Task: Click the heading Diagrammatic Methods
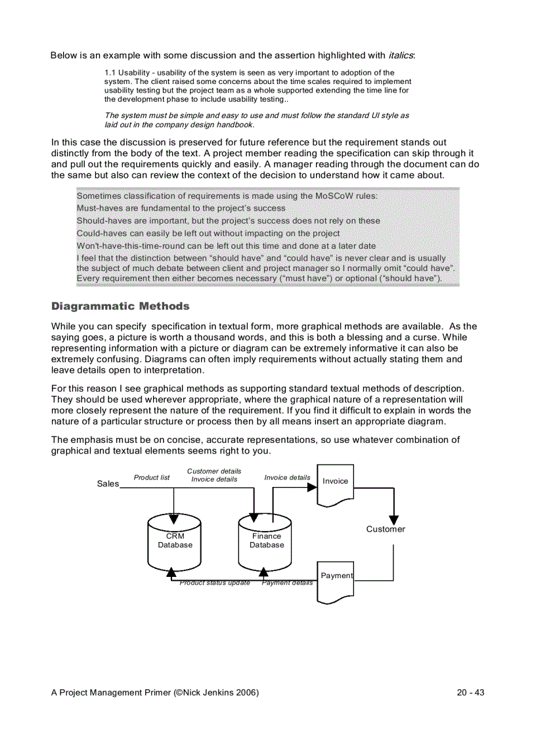pyautogui.click(x=120, y=306)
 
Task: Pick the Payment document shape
pyautogui.click(x=336, y=580)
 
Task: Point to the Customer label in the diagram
pyautogui.click(x=386, y=529)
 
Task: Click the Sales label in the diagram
pyautogui.click(x=108, y=484)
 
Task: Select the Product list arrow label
pyautogui.click(x=152, y=477)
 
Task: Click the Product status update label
pyautogui.click(x=215, y=583)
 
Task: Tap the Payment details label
pyautogui.click(x=287, y=583)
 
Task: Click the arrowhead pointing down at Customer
pyautogui.click(x=393, y=512)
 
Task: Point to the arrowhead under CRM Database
pyautogui.click(x=171, y=573)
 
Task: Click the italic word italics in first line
pyautogui.click(x=401, y=55)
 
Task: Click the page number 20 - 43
pyautogui.click(x=470, y=692)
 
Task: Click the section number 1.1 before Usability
pyautogui.click(x=110, y=73)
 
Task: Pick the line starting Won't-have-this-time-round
pyautogui.click(x=226, y=245)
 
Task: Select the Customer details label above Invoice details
pyautogui.click(x=214, y=471)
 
